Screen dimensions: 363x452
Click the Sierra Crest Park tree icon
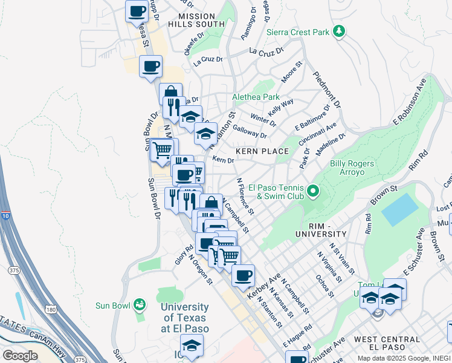pyautogui.click(x=340, y=31)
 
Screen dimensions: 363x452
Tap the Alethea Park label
pyautogui.click(x=256, y=97)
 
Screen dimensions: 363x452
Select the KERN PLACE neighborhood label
pyautogui.click(x=262, y=151)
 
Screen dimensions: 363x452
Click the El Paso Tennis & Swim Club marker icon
pyautogui.click(x=313, y=192)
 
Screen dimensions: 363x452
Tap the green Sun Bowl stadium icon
pyautogui.click(x=140, y=305)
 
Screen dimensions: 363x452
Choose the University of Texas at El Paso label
pyautogui.click(x=185, y=318)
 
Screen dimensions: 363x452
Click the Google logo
pyautogui.click(x=20, y=355)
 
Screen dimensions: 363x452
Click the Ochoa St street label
pyautogui.click(x=324, y=286)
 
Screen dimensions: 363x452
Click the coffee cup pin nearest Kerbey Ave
pyautogui.click(x=243, y=276)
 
